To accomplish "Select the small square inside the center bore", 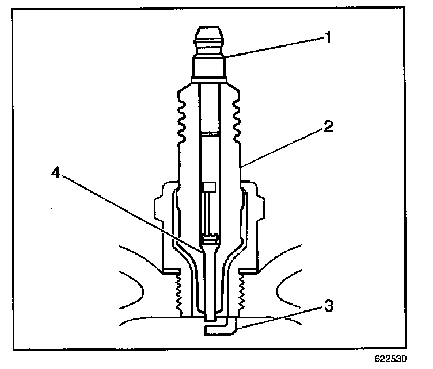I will tap(210, 187).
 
